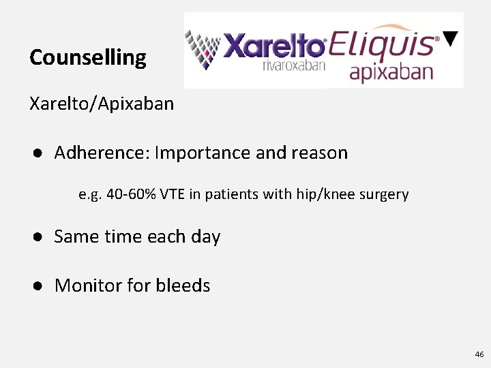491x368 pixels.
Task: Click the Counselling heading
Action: (87, 58)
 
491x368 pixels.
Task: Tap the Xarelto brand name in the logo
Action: (274, 46)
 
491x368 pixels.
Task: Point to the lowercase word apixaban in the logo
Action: (391, 72)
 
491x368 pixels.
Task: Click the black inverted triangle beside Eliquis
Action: (450, 39)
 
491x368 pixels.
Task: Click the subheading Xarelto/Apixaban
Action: (102, 104)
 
